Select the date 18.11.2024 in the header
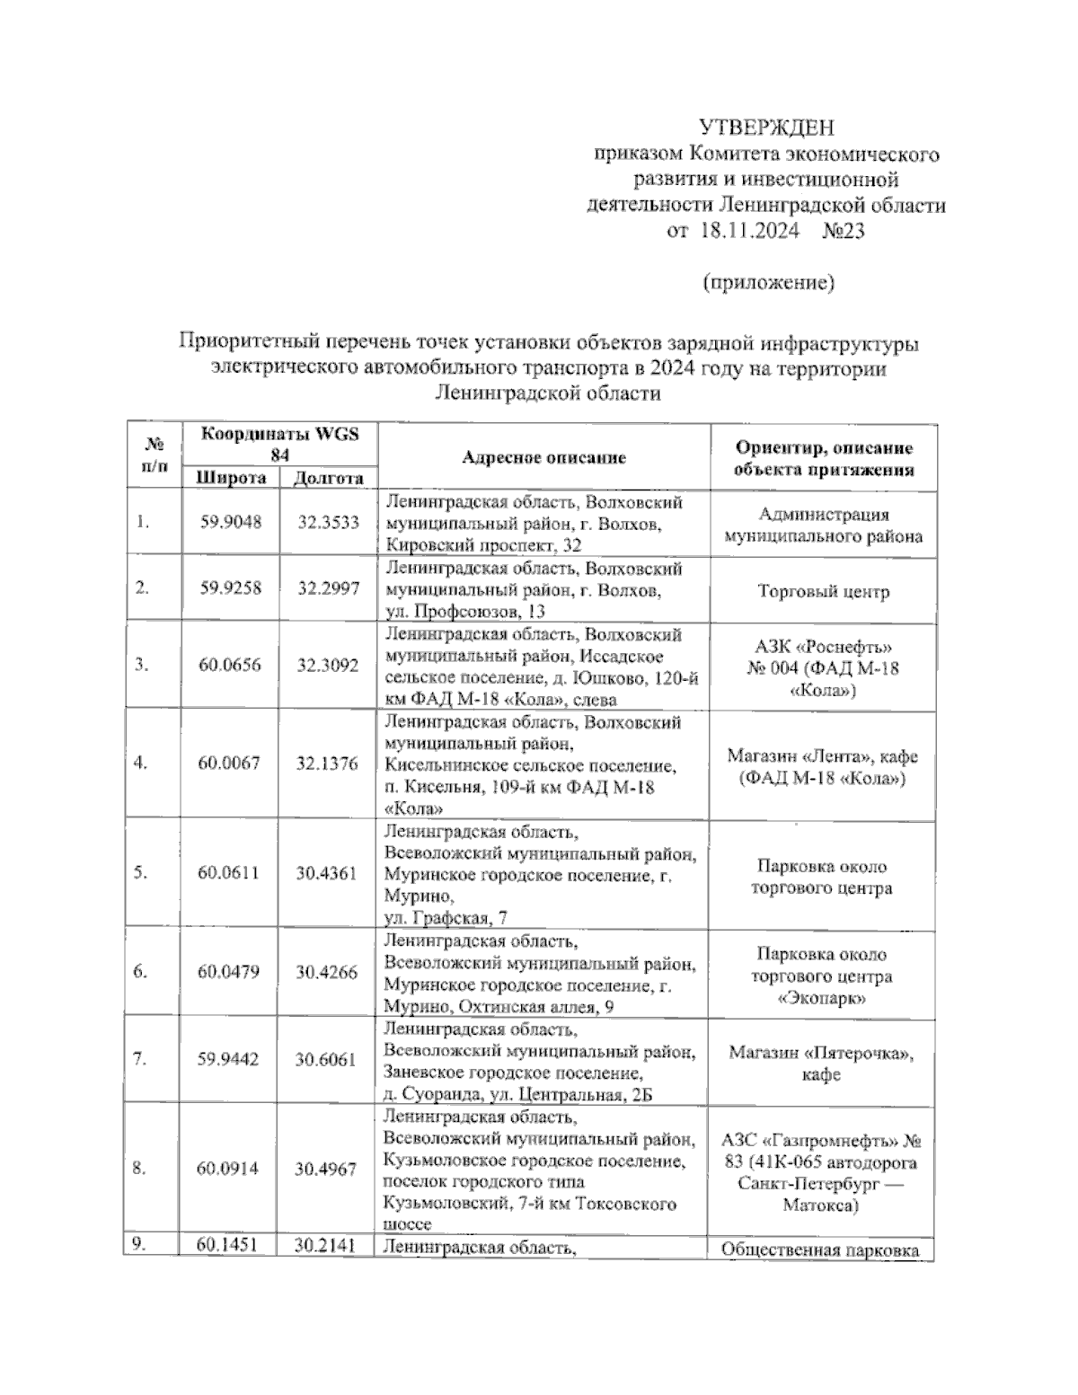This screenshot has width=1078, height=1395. click(748, 232)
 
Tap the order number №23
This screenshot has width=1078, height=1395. click(843, 232)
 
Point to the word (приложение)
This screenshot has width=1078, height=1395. click(768, 283)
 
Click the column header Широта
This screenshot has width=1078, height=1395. click(232, 478)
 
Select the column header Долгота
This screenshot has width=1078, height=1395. click(329, 478)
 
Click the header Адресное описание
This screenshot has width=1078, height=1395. click(543, 457)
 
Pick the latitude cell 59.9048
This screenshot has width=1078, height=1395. click(231, 522)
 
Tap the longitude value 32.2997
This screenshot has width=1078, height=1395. click(328, 588)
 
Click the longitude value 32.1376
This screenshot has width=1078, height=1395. click(327, 764)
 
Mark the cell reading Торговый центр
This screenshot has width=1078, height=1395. click(823, 592)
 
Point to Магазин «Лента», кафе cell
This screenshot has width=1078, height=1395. click(823, 756)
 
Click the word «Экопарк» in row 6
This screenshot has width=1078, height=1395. click(822, 998)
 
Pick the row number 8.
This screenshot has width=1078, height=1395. click(139, 1169)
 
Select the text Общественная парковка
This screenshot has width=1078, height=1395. click(821, 1250)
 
